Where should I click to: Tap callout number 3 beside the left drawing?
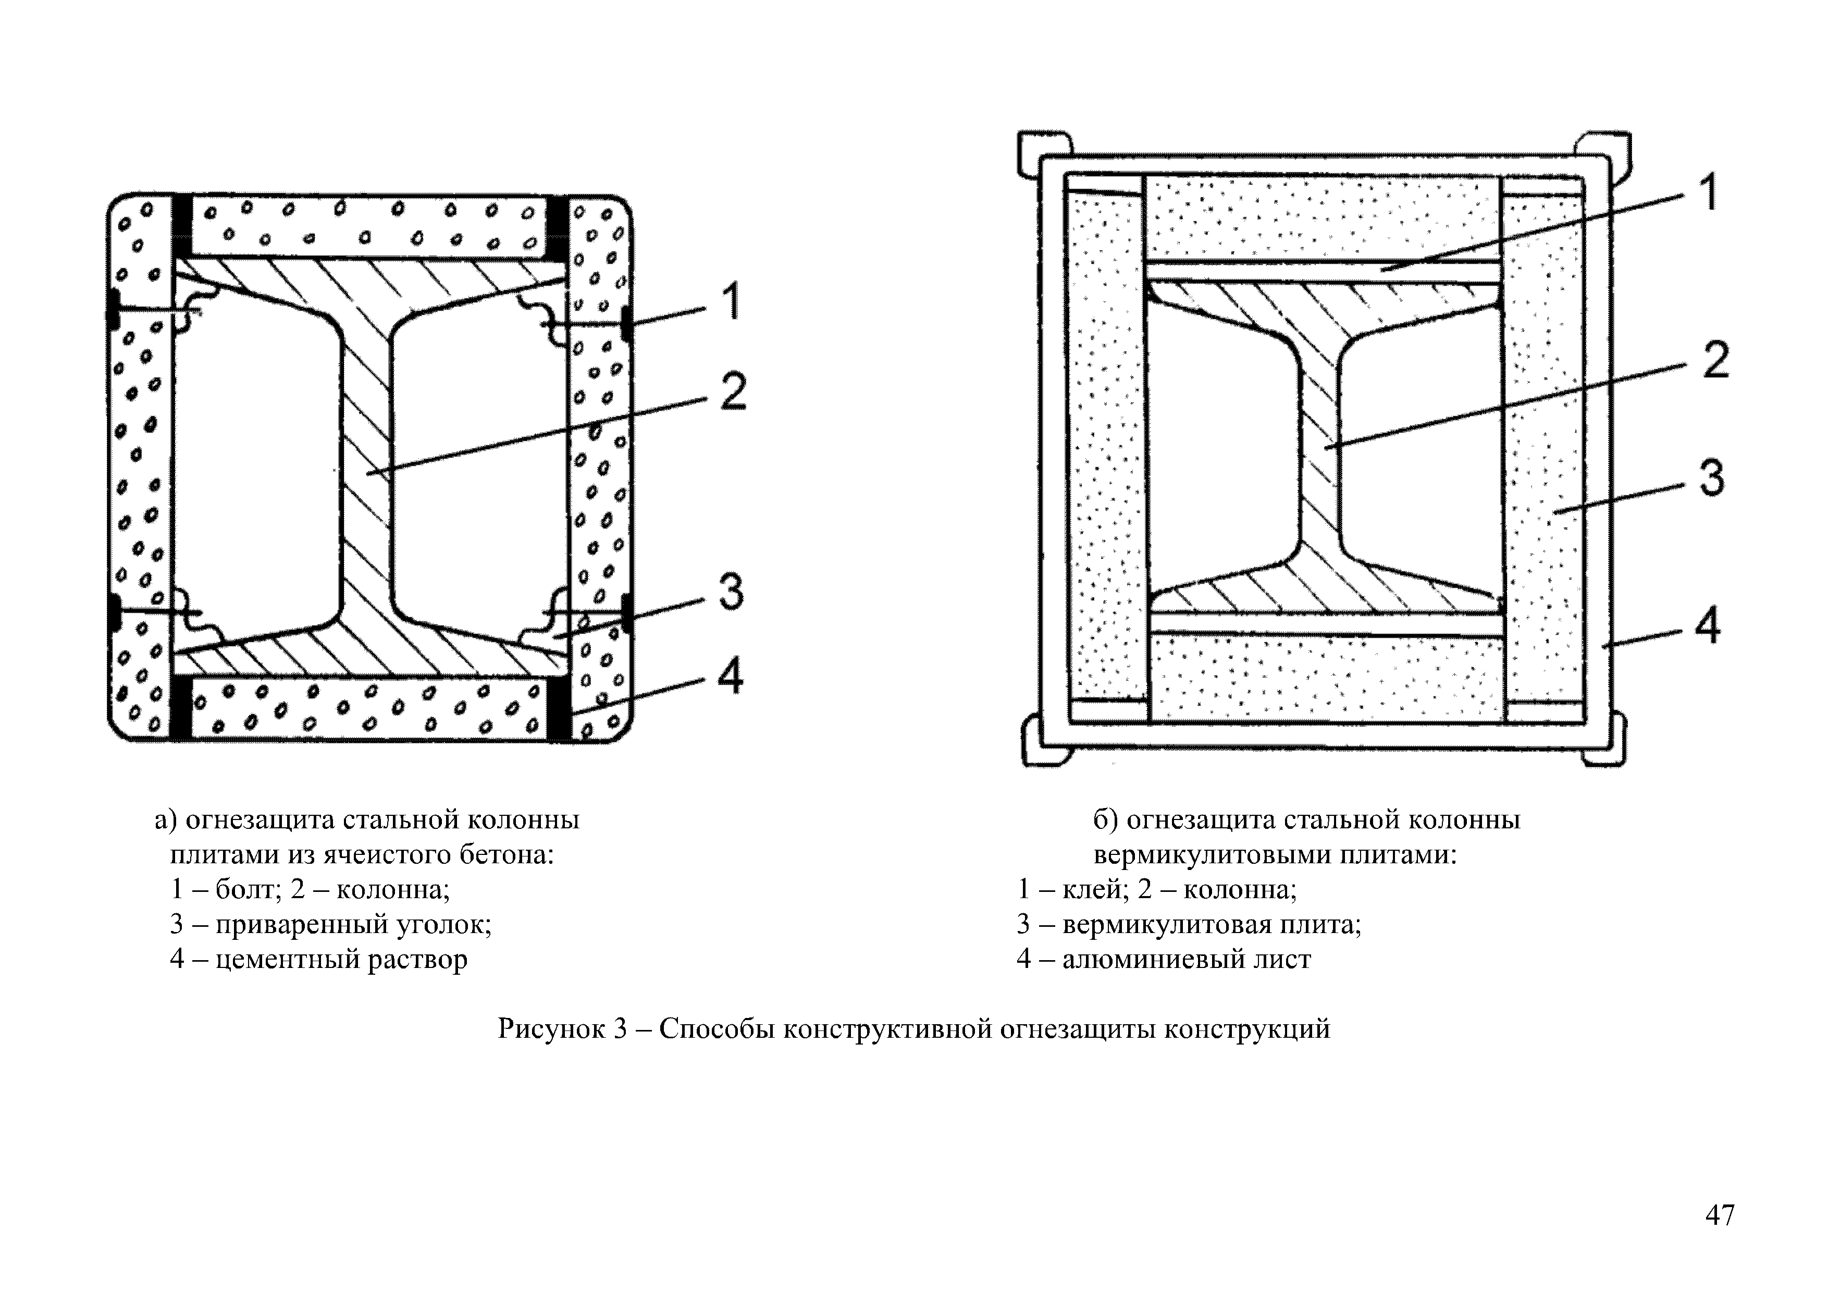730,592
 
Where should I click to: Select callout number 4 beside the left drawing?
730,678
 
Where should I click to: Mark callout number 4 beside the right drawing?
1707,627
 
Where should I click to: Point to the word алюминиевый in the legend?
1153,959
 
